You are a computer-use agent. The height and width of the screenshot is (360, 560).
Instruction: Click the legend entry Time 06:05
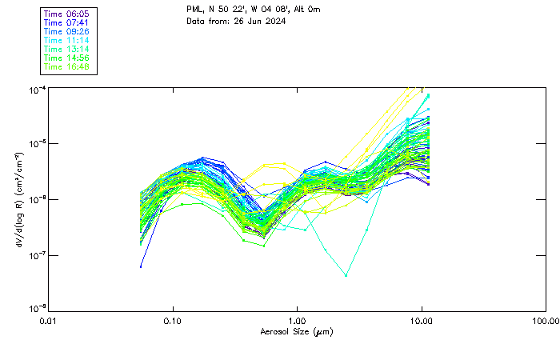coord(67,14)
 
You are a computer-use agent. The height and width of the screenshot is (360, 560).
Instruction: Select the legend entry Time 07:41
coord(67,23)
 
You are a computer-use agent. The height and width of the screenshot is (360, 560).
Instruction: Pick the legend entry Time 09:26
coord(67,32)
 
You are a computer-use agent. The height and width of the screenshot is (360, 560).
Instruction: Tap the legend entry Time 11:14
coord(67,41)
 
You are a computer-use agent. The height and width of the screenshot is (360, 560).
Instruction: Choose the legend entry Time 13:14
coord(67,50)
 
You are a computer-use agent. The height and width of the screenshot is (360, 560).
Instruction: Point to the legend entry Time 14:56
coord(67,58)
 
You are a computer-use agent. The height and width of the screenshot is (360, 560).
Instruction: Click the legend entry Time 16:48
coord(67,67)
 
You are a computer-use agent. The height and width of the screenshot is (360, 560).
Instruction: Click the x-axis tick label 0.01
coord(49,321)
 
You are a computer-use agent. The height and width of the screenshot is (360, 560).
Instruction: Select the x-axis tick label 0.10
coord(173,321)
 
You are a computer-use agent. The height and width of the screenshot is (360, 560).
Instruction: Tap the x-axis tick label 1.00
coord(298,321)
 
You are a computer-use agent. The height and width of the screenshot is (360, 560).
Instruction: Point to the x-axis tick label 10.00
coord(422,321)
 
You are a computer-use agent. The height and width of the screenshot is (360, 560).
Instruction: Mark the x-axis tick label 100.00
coord(546,321)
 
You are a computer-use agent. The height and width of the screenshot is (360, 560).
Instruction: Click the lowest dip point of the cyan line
coord(346,275)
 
